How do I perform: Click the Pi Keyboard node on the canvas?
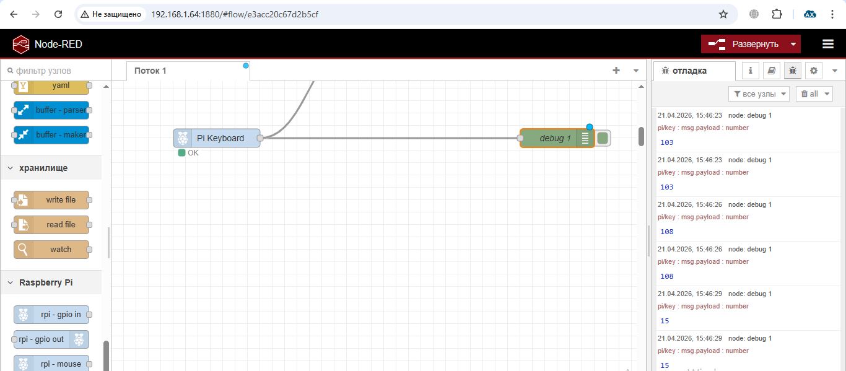pyautogui.click(x=217, y=138)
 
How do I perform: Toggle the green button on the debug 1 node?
pyautogui.click(x=603, y=138)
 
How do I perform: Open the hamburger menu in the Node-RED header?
pyautogui.click(x=828, y=44)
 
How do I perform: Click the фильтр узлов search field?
pyautogui.click(x=56, y=71)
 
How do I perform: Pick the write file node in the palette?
pyautogui.click(x=51, y=200)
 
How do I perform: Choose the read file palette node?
pyautogui.click(x=51, y=225)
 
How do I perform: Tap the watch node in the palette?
pyautogui.click(x=51, y=250)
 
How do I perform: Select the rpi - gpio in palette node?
pyautogui.click(x=51, y=315)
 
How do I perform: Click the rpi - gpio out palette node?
pyautogui.click(x=51, y=339)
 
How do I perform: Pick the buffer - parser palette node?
pyautogui.click(x=51, y=110)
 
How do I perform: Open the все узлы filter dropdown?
pyautogui.click(x=759, y=94)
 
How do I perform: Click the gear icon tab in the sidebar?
pyautogui.click(x=814, y=71)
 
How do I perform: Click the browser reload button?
pyautogui.click(x=58, y=14)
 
